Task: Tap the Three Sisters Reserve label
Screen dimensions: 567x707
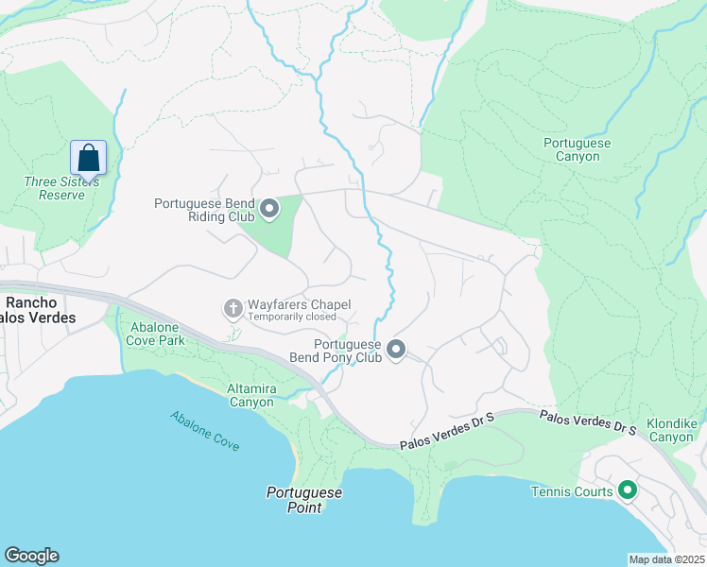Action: click(55, 188)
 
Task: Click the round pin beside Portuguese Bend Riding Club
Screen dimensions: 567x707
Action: click(269, 209)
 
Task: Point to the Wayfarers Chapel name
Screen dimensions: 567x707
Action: click(299, 304)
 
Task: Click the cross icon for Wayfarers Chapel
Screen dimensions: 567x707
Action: click(233, 308)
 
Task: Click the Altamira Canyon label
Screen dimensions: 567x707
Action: click(250, 395)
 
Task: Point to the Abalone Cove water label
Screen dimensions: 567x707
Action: click(205, 430)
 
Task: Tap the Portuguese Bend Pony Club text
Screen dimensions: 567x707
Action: click(347, 352)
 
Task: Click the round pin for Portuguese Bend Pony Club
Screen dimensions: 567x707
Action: click(396, 351)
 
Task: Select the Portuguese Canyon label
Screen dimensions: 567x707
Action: click(578, 149)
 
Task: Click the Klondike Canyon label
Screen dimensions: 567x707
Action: click(670, 430)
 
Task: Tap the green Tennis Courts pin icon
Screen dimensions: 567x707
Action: click(626, 490)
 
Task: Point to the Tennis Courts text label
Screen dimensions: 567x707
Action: click(572, 491)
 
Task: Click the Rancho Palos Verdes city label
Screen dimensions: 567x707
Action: click(40, 310)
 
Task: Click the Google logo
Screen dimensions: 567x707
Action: click(31, 556)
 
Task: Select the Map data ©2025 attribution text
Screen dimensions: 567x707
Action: click(665, 559)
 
